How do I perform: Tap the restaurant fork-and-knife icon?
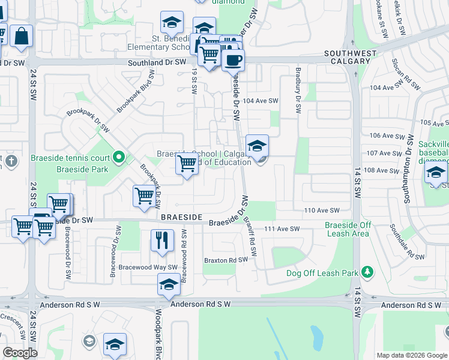pos(161,241)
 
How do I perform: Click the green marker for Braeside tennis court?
pos(119,158)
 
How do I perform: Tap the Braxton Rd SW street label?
pos(226,260)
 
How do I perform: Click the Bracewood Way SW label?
pos(148,267)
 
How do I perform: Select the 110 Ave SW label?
pos(322,210)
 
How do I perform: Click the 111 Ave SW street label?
pos(282,229)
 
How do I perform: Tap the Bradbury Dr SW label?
pos(297,91)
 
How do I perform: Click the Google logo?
pos(20,353)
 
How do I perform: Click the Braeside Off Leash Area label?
pos(348,229)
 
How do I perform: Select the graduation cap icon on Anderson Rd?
pos(169,285)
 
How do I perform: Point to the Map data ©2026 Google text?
pos(411,355)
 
